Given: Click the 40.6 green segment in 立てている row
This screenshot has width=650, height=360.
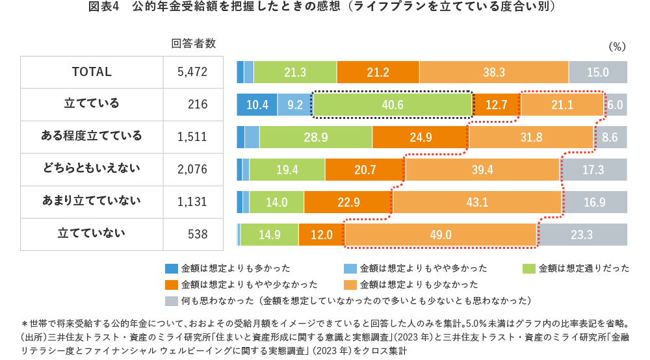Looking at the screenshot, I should coord(393,105).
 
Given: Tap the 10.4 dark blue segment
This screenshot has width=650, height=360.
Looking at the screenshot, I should coord(257,105).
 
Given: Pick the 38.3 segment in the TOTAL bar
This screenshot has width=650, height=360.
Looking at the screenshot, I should coord(494,72).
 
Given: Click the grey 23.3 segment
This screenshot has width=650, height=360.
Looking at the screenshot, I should coord(582,235).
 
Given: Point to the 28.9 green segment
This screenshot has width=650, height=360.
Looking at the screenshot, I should coord(315,137).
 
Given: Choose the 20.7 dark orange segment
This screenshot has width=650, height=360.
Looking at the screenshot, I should coord(365,170).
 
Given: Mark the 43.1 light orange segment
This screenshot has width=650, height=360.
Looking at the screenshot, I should coord(477,202).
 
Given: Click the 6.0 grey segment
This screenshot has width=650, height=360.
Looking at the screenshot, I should coord(616,105).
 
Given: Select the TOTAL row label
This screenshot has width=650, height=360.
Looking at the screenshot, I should coord(92,72).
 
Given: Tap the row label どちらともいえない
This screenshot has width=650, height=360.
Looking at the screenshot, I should coord(92,169).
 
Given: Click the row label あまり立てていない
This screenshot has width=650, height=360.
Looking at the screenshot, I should coord(92,201).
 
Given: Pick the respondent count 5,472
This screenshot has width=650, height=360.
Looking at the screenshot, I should coord(192,72).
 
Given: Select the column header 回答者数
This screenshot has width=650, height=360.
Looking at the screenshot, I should coord(193,44).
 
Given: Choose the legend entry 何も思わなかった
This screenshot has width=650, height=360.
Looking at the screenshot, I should coord(348,301).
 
